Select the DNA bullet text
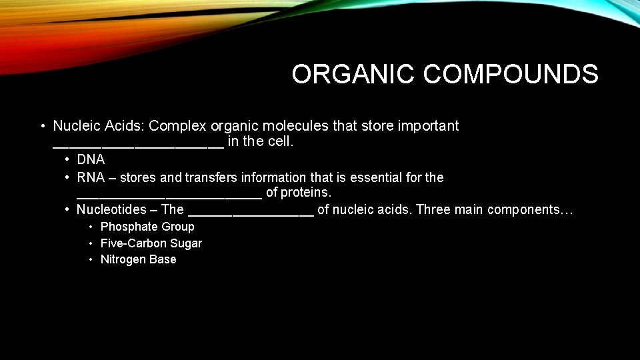(91, 160)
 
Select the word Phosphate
(125, 227)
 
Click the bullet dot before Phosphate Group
(92, 227)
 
